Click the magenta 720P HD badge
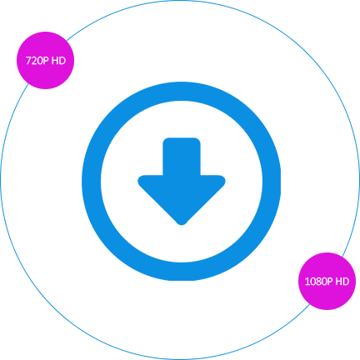46,60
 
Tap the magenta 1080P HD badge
327,281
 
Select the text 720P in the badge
37,61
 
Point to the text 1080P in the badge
319,282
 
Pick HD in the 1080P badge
342,282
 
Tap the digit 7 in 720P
28,61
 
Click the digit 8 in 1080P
318,282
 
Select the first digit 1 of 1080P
307,282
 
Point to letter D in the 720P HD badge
62,61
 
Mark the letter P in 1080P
330,282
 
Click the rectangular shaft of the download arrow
182,157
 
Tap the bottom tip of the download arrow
182,225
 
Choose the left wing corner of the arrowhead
138,181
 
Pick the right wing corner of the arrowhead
225,181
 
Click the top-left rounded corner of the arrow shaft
164,139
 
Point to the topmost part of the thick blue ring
182,92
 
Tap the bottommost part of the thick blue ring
182,272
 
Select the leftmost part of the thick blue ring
92,181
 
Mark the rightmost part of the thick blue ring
272,181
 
